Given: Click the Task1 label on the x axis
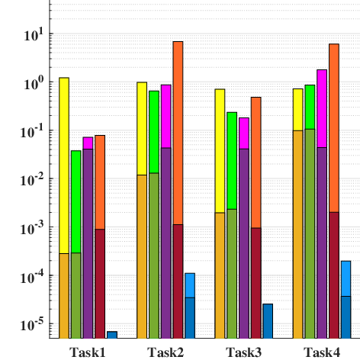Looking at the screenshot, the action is coord(88,352).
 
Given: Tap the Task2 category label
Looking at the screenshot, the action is coord(166,352).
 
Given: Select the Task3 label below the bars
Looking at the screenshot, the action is coord(243,352).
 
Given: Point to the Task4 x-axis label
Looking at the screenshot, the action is coord(322,352).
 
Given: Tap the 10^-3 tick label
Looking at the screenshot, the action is coord(33,228).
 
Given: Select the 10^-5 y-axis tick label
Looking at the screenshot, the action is coord(33,325).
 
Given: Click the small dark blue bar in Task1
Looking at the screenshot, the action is coord(112,335).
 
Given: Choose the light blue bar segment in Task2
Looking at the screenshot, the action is coord(190,285).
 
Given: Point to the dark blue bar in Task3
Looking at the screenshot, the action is coord(268,321).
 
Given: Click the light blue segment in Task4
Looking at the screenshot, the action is coord(346,278).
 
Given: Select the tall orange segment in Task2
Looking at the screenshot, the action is coord(178,133).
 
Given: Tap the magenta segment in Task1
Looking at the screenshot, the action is coord(88,143).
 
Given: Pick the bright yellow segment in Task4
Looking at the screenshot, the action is coord(297,110).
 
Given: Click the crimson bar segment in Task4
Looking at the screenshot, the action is coord(334,275).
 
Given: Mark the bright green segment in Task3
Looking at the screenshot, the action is coord(232,161).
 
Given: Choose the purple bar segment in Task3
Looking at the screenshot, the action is coord(244,243).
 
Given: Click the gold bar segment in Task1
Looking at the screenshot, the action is coord(64,296).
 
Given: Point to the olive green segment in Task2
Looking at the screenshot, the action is coord(154,256).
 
